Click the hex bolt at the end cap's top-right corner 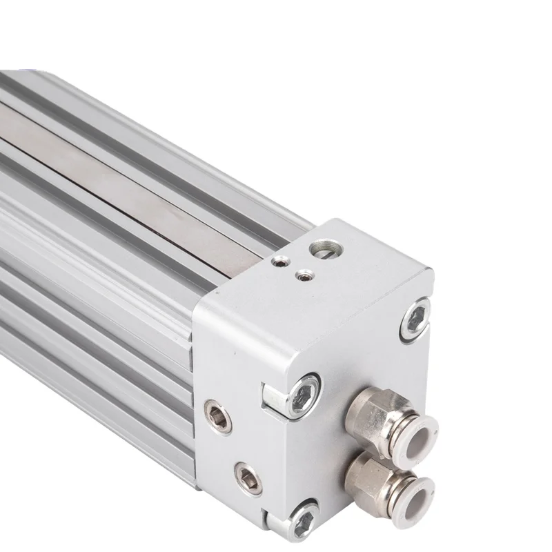(x=415, y=319)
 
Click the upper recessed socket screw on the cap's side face (x=217, y=415)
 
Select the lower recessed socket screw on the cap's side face (x=248, y=477)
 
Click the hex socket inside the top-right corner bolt (x=416, y=319)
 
